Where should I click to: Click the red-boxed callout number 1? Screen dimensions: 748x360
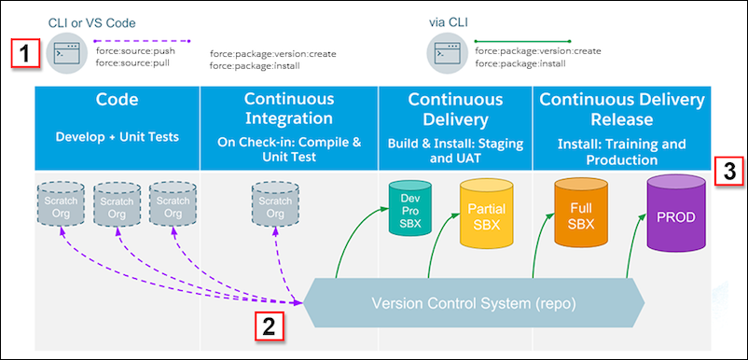pos(25,53)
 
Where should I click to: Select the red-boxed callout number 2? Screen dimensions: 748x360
pos(269,327)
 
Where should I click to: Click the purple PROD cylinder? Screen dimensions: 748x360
pos(676,213)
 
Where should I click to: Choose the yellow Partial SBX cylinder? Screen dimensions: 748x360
pos(487,215)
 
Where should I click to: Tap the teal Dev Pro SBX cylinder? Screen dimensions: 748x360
pos(409,208)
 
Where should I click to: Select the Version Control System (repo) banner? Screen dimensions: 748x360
pos(474,302)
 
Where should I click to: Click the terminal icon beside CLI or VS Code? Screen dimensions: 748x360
pos(67,54)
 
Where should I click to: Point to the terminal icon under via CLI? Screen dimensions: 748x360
pos(447,54)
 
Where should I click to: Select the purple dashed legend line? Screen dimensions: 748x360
pos(142,40)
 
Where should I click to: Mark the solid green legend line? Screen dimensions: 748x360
pos(522,41)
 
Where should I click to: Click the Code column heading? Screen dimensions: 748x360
pos(117,100)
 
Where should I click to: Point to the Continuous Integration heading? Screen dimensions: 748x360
pos(288,109)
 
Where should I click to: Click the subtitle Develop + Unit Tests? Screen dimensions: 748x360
pos(118,137)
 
